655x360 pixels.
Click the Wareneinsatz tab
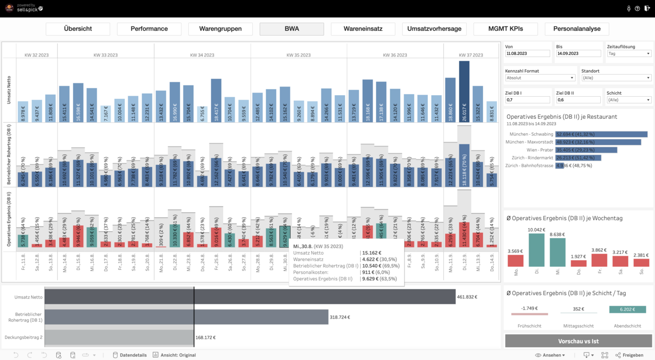(x=363, y=29)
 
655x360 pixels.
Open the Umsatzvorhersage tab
(x=434, y=29)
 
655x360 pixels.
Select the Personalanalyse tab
(x=577, y=29)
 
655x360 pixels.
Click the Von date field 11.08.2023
(x=527, y=53)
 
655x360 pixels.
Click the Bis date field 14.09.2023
(x=578, y=53)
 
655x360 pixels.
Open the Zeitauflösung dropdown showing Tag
(x=629, y=53)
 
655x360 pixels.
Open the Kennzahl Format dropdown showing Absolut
(x=540, y=78)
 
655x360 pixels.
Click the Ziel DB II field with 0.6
(x=578, y=100)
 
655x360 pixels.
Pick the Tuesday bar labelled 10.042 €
(x=537, y=250)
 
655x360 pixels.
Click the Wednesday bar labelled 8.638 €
(x=558, y=252)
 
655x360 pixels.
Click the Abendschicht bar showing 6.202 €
(x=627, y=309)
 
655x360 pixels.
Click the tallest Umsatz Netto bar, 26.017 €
(x=464, y=92)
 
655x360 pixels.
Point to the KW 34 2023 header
(x=202, y=55)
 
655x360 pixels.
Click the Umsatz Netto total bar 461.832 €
(x=250, y=297)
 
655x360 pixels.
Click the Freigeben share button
(x=629, y=355)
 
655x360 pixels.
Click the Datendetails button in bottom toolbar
(x=129, y=355)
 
